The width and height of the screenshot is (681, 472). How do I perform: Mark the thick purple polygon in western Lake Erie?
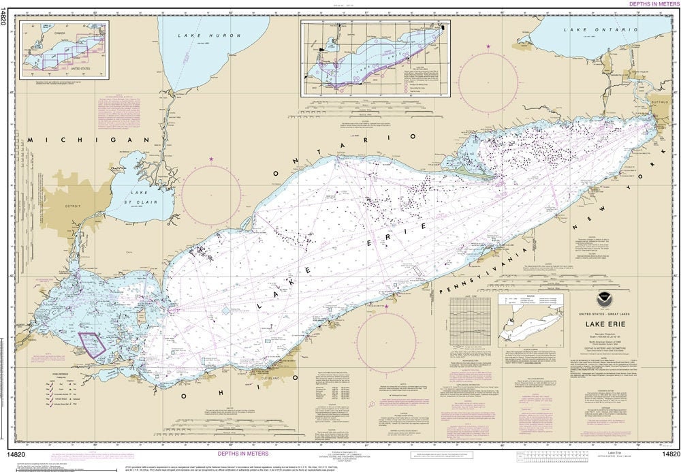[92, 343]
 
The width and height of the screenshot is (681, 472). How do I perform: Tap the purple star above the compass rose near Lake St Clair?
[212, 159]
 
